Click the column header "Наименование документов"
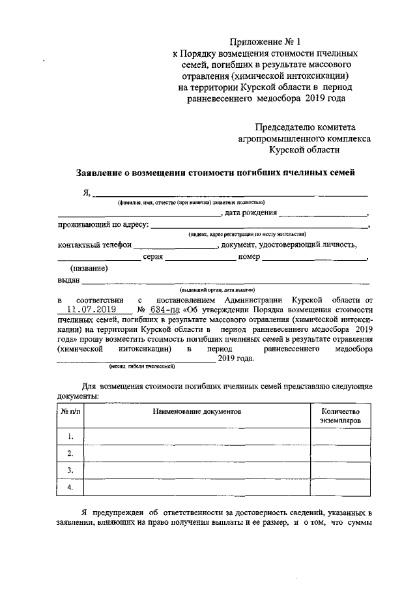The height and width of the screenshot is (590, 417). pos(197,413)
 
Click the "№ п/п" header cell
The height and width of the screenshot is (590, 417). pos(70,413)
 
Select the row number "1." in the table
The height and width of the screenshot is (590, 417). pos(70,436)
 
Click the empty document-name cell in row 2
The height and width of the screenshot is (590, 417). pos(197,453)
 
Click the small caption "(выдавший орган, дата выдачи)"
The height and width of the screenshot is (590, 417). pos(217,289)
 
